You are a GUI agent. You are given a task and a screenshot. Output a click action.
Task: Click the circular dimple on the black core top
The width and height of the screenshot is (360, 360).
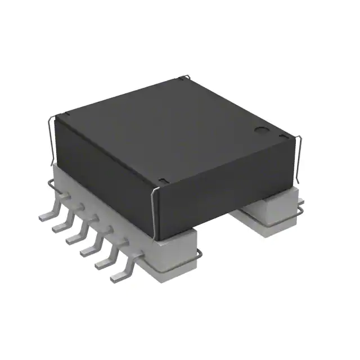pyautogui.click(x=262, y=130)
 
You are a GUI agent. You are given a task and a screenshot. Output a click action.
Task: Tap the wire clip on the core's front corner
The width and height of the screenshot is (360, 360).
pyautogui.click(x=154, y=208)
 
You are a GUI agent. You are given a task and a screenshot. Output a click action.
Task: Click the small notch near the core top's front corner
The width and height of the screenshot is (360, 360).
pyautogui.click(x=162, y=180)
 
